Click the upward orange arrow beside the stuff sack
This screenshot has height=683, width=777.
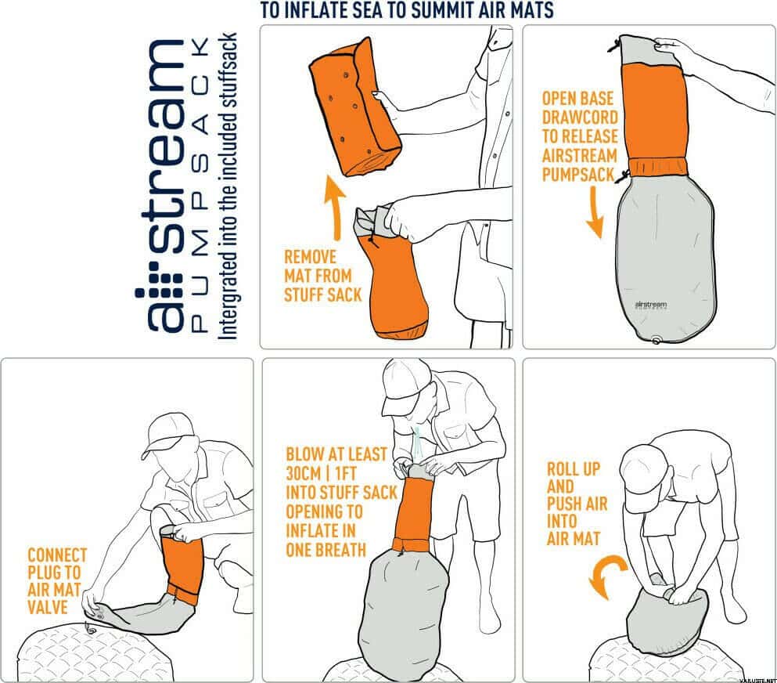[336, 207]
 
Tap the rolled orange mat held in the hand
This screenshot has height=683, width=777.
[354, 102]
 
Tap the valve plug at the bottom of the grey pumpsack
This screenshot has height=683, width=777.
[655, 338]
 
